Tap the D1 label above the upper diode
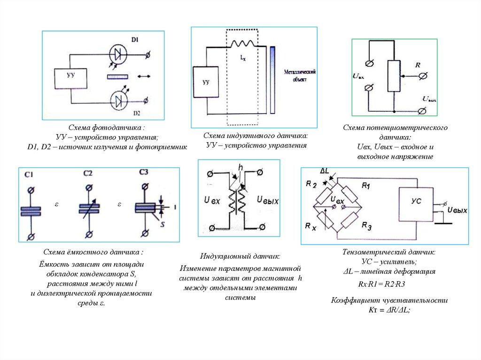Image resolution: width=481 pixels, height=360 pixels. [x=134, y=41]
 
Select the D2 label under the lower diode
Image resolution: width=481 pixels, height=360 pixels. [x=137, y=113]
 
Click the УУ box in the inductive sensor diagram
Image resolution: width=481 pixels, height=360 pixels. [x=205, y=83]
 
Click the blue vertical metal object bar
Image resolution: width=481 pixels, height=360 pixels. [x=273, y=79]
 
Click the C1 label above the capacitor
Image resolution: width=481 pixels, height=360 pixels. [x=29, y=176]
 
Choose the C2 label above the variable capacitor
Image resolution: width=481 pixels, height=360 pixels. [x=87, y=173]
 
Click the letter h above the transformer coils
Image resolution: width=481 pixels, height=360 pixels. [x=241, y=168]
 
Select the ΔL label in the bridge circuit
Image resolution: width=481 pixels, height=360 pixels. [x=325, y=170]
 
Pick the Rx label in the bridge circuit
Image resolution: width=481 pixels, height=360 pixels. [x=310, y=227]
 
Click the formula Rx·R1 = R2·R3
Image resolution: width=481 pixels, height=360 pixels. [x=381, y=284]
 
